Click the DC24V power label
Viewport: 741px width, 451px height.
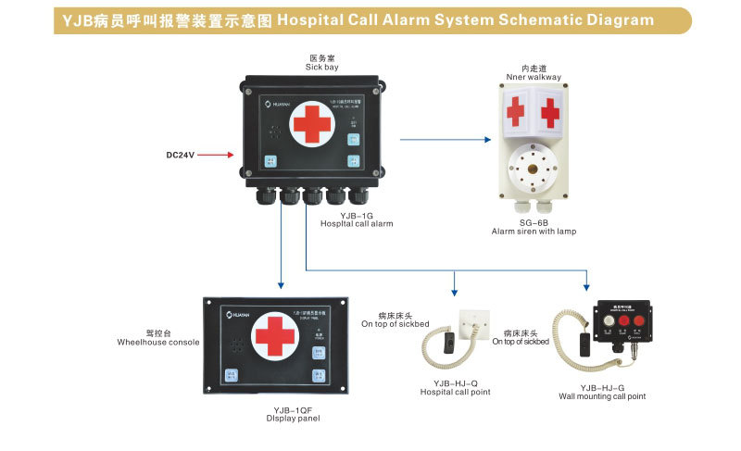pos(182,156)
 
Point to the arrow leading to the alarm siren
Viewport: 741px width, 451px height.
pos(445,140)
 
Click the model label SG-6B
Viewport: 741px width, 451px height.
pos(534,222)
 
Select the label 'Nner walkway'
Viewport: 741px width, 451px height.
pos(534,77)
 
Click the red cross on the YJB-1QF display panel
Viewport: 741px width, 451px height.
pos(275,337)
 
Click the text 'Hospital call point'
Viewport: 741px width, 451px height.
pos(456,393)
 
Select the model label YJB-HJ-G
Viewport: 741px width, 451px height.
pos(602,387)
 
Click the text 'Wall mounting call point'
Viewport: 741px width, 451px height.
pos(602,396)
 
